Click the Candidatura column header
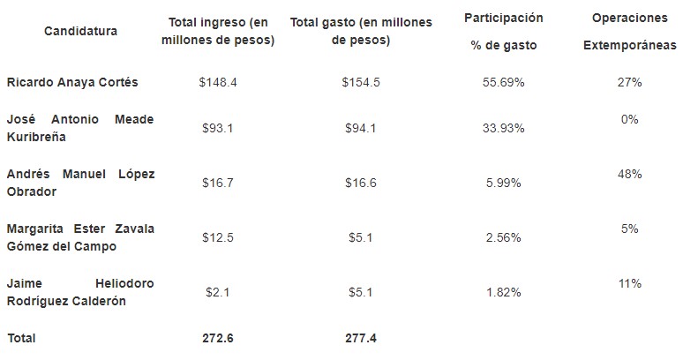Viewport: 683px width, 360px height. [80, 32]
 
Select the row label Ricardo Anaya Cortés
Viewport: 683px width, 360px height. [72, 82]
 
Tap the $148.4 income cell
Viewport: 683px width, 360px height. [218, 82]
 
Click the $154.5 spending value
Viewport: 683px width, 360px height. [360, 82]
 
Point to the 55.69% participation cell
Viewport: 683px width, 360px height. [504, 82]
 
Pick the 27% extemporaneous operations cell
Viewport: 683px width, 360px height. [629, 82]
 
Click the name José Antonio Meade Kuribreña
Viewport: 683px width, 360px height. [80, 128]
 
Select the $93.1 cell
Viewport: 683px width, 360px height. [218, 128]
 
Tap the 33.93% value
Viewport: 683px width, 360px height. [504, 128]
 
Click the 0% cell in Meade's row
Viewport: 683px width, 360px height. [629, 119]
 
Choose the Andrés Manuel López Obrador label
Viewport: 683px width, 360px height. [80, 183]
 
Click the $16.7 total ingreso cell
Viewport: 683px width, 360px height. [218, 183]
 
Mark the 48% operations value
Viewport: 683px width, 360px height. [629, 174]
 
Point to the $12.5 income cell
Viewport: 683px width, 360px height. [218, 237]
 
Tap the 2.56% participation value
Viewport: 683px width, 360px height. [504, 237]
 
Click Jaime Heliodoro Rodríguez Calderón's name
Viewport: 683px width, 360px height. [80, 292]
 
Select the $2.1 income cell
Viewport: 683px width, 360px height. [218, 292]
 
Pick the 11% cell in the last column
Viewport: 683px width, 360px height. [629, 283]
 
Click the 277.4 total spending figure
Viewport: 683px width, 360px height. [360, 338]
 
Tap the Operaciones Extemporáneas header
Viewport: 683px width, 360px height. [629, 32]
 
